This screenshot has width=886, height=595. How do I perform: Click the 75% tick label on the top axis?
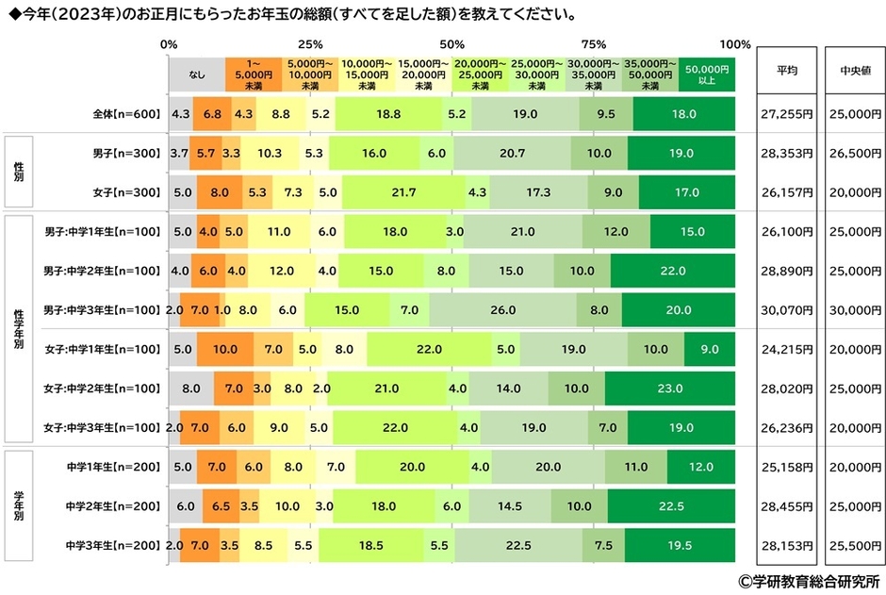[x=593, y=44]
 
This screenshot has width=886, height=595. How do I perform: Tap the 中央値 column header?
[x=855, y=70]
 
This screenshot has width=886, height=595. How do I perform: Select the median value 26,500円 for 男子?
[x=855, y=153]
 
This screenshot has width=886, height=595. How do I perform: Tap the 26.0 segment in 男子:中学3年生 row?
[x=502, y=309]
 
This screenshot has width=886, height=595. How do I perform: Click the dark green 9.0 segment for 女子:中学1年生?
[x=709, y=349]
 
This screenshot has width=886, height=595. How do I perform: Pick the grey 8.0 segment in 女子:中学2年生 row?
[x=191, y=388]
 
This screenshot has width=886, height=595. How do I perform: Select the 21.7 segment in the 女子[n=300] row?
[x=403, y=192]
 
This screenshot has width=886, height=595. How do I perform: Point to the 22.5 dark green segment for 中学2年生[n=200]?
[x=671, y=505]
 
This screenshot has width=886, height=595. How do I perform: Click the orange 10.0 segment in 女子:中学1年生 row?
[x=225, y=349]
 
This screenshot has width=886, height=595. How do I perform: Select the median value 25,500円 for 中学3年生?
[x=855, y=545]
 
